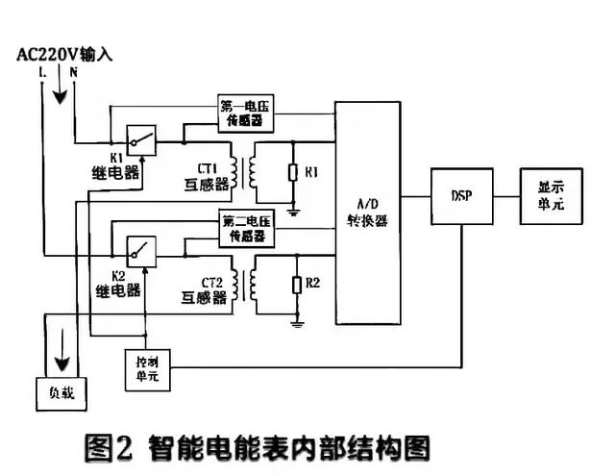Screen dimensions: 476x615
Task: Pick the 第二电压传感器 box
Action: tap(246, 228)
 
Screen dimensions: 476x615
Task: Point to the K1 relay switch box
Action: tap(141, 140)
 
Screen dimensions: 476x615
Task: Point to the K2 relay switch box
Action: tap(141, 252)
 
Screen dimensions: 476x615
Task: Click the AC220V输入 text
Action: tap(65, 54)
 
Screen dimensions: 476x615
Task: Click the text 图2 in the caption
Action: tap(108, 447)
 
